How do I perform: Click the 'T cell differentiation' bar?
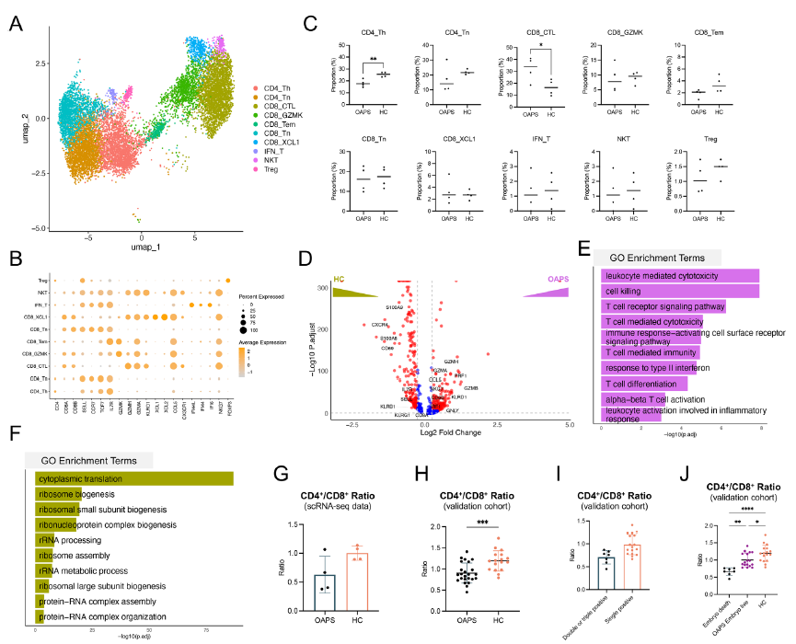(644, 383)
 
